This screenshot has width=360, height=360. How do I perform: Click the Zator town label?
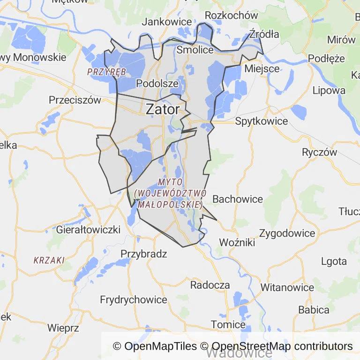(163, 109)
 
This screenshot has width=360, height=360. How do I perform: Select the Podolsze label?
(157, 83)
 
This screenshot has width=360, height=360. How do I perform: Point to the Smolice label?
(195, 50)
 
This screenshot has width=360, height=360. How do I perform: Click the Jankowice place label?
(167, 22)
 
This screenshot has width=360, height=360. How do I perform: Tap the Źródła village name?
(264, 34)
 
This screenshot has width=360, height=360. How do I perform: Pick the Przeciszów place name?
(75, 100)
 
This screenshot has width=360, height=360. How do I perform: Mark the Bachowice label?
(238, 199)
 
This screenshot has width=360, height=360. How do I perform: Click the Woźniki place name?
(237, 243)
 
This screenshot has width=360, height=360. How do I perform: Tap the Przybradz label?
(144, 254)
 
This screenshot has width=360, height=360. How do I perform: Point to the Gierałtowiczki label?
(88, 230)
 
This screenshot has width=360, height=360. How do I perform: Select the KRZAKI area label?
(49, 260)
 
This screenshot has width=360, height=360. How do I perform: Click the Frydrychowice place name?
(134, 300)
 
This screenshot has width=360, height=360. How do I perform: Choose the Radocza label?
(210, 285)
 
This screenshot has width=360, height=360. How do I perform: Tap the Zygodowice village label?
(287, 233)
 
